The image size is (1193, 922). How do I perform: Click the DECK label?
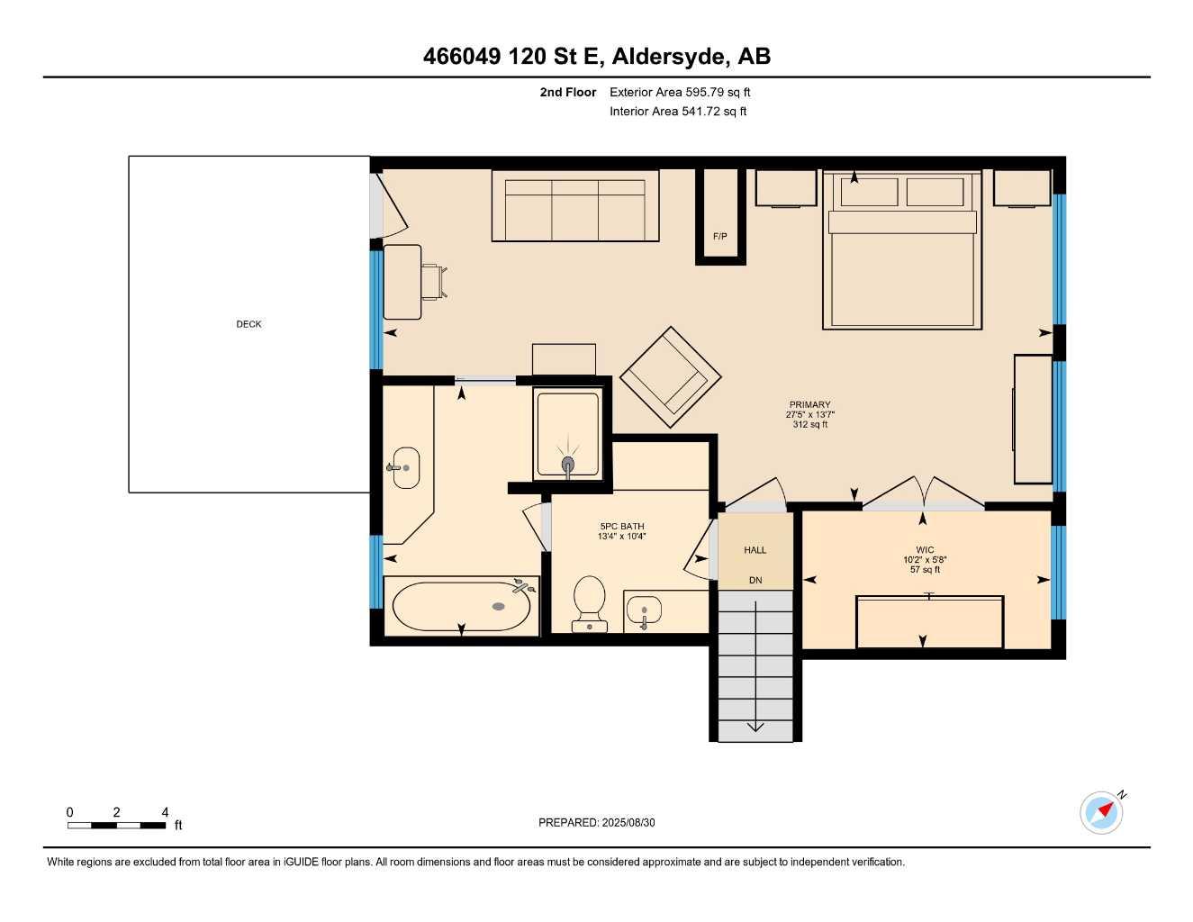click(249, 324)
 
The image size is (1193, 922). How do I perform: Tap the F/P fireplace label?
click(719, 237)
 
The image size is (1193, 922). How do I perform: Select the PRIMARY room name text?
click(809, 404)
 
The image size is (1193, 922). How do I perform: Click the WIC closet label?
click(925, 549)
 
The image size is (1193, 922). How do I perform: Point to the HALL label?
click(755, 550)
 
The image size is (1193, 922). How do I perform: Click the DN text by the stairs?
click(755, 581)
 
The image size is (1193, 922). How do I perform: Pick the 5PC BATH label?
click(621, 527)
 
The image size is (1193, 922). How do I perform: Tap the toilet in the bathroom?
click(589, 601)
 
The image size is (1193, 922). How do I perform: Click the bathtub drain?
click(499, 606)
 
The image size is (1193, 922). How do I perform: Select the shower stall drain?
click(568, 465)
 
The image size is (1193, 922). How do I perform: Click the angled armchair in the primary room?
click(670, 377)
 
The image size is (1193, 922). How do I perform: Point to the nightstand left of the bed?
click(785, 188)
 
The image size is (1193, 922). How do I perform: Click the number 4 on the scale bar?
click(165, 812)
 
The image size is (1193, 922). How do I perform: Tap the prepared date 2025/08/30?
click(628, 823)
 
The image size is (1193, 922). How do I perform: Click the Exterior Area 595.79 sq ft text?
click(680, 92)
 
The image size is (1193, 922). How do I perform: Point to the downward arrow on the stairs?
click(755, 726)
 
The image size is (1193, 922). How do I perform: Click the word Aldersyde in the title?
click(669, 57)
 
